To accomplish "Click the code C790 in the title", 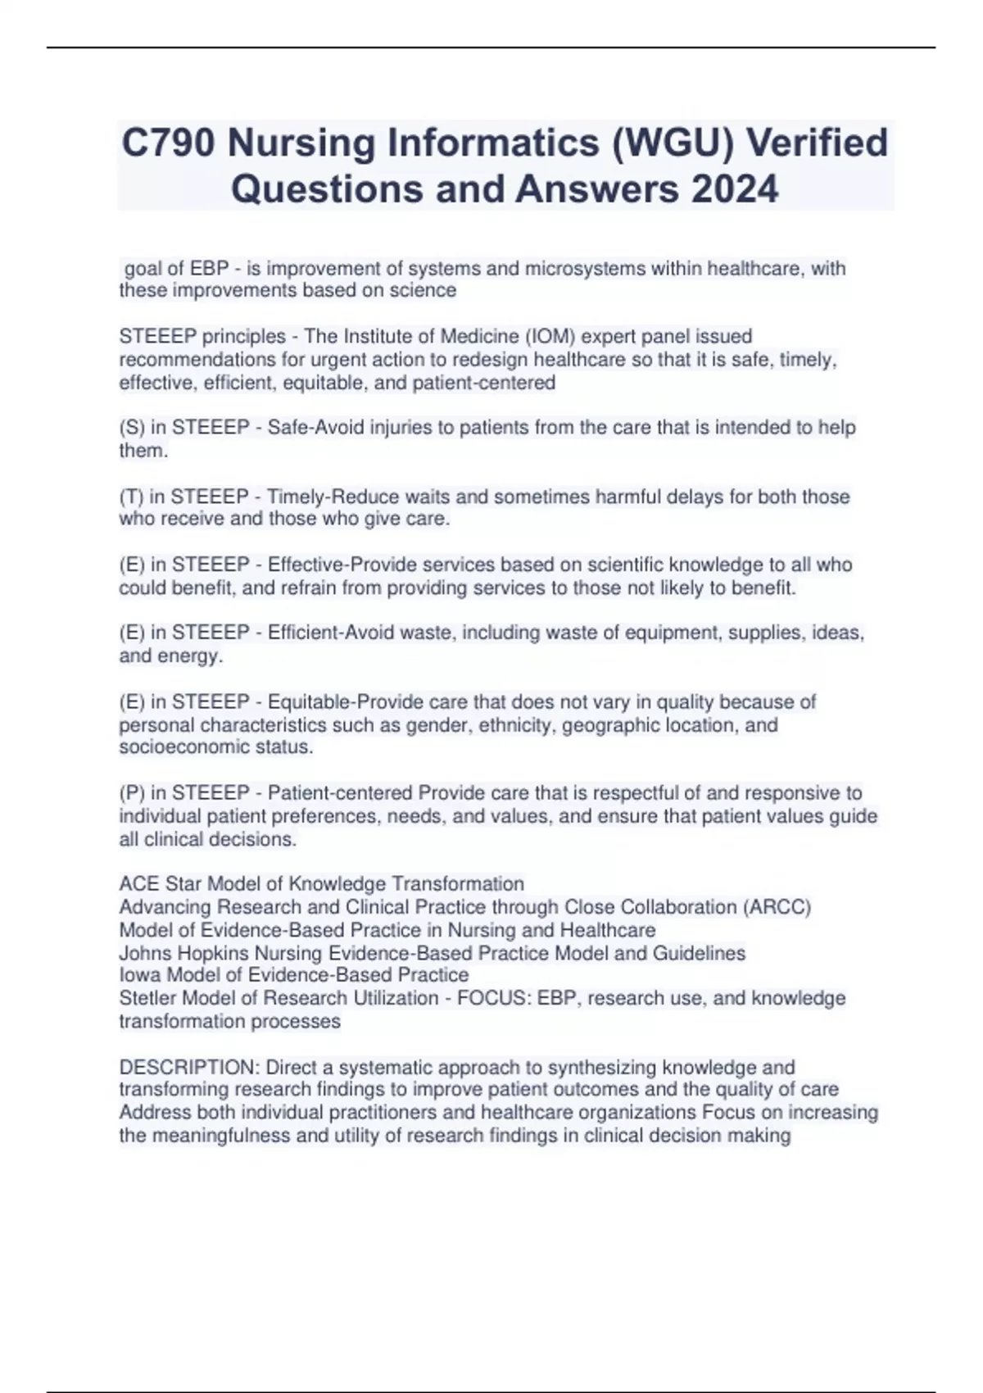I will point(169,143).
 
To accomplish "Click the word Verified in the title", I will point(818,143).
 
